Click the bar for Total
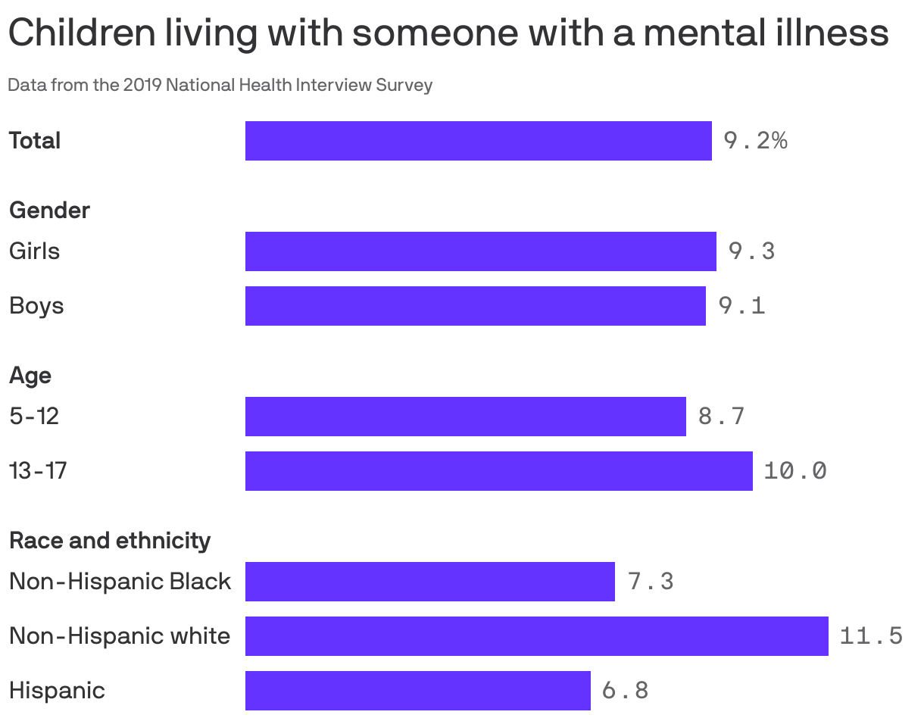point(478,141)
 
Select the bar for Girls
point(480,251)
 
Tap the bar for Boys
point(475,306)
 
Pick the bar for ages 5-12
point(465,417)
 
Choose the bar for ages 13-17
point(498,471)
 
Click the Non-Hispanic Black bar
point(429,582)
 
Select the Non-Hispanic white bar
point(536,636)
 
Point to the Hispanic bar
point(417,691)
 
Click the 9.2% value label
point(755,141)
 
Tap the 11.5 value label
point(871,636)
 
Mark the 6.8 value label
point(625,691)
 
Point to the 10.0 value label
point(795,471)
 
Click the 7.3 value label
point(650,582)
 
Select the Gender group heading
point(49,211)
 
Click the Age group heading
point(30,376)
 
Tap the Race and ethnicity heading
point(110,541)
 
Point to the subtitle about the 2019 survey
point(220,85)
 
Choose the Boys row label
point(36,306)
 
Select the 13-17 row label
point(38,471)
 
